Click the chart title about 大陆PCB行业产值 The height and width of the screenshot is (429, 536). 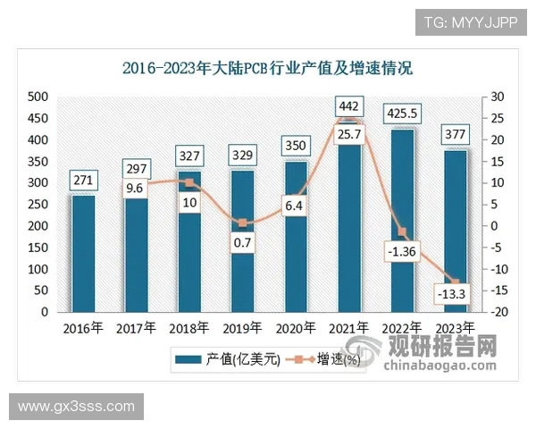(x=267, y=67)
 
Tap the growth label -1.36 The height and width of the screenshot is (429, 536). (x=402, y=251)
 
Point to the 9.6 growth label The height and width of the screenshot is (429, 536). (x=135, y=188)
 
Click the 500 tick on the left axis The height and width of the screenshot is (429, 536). (x=38, y=97)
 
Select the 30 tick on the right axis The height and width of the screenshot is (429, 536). (x=497, y=97)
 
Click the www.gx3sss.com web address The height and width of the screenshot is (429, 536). (x=76, y=407)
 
